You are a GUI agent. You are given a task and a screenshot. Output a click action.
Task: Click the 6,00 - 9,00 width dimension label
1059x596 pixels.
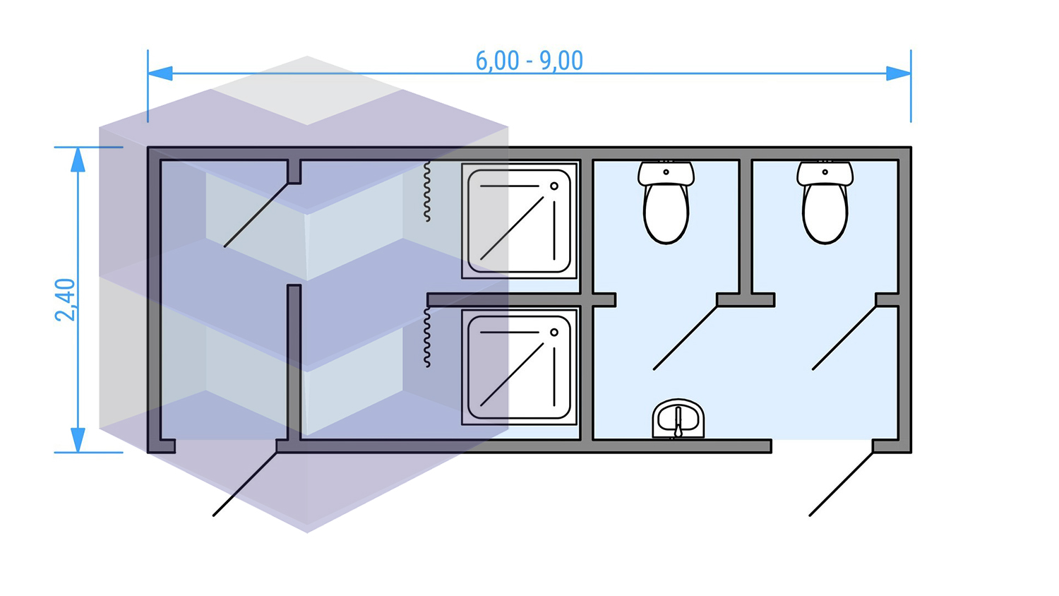coord(529,61)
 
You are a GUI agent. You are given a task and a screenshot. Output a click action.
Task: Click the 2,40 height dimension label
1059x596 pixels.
coord(66,299)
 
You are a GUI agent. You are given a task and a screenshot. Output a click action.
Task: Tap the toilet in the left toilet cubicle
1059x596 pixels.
coord(666,212)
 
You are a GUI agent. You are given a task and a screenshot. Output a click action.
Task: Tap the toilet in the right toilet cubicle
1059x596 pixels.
coord(825,212)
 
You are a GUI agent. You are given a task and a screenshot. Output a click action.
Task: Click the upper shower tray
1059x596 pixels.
coord(519,221)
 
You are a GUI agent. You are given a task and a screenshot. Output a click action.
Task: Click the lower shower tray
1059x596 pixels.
coord(519,367)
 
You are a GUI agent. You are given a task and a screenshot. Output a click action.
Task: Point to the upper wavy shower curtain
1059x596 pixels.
coord(427,191)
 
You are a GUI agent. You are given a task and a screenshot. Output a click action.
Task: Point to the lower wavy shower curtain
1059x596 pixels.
coord(427,338)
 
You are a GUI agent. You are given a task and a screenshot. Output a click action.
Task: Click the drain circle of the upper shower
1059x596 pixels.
coord(554,186)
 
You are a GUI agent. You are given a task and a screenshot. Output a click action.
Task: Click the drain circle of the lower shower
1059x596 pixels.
coord(554,333)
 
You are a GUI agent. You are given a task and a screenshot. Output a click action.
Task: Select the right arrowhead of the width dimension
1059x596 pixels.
coord(898,73)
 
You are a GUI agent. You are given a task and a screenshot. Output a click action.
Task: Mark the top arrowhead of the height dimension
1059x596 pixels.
coord(78,160)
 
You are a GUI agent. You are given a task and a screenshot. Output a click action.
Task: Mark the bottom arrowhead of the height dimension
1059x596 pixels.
coord(78,440)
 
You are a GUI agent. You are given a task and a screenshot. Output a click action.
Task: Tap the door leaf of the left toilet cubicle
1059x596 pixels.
coord(686,338)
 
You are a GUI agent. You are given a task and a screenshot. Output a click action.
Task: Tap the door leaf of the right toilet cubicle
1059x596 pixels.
coord(844,338)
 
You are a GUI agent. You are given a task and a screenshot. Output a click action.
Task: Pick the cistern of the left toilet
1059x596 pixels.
coord(666,172)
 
